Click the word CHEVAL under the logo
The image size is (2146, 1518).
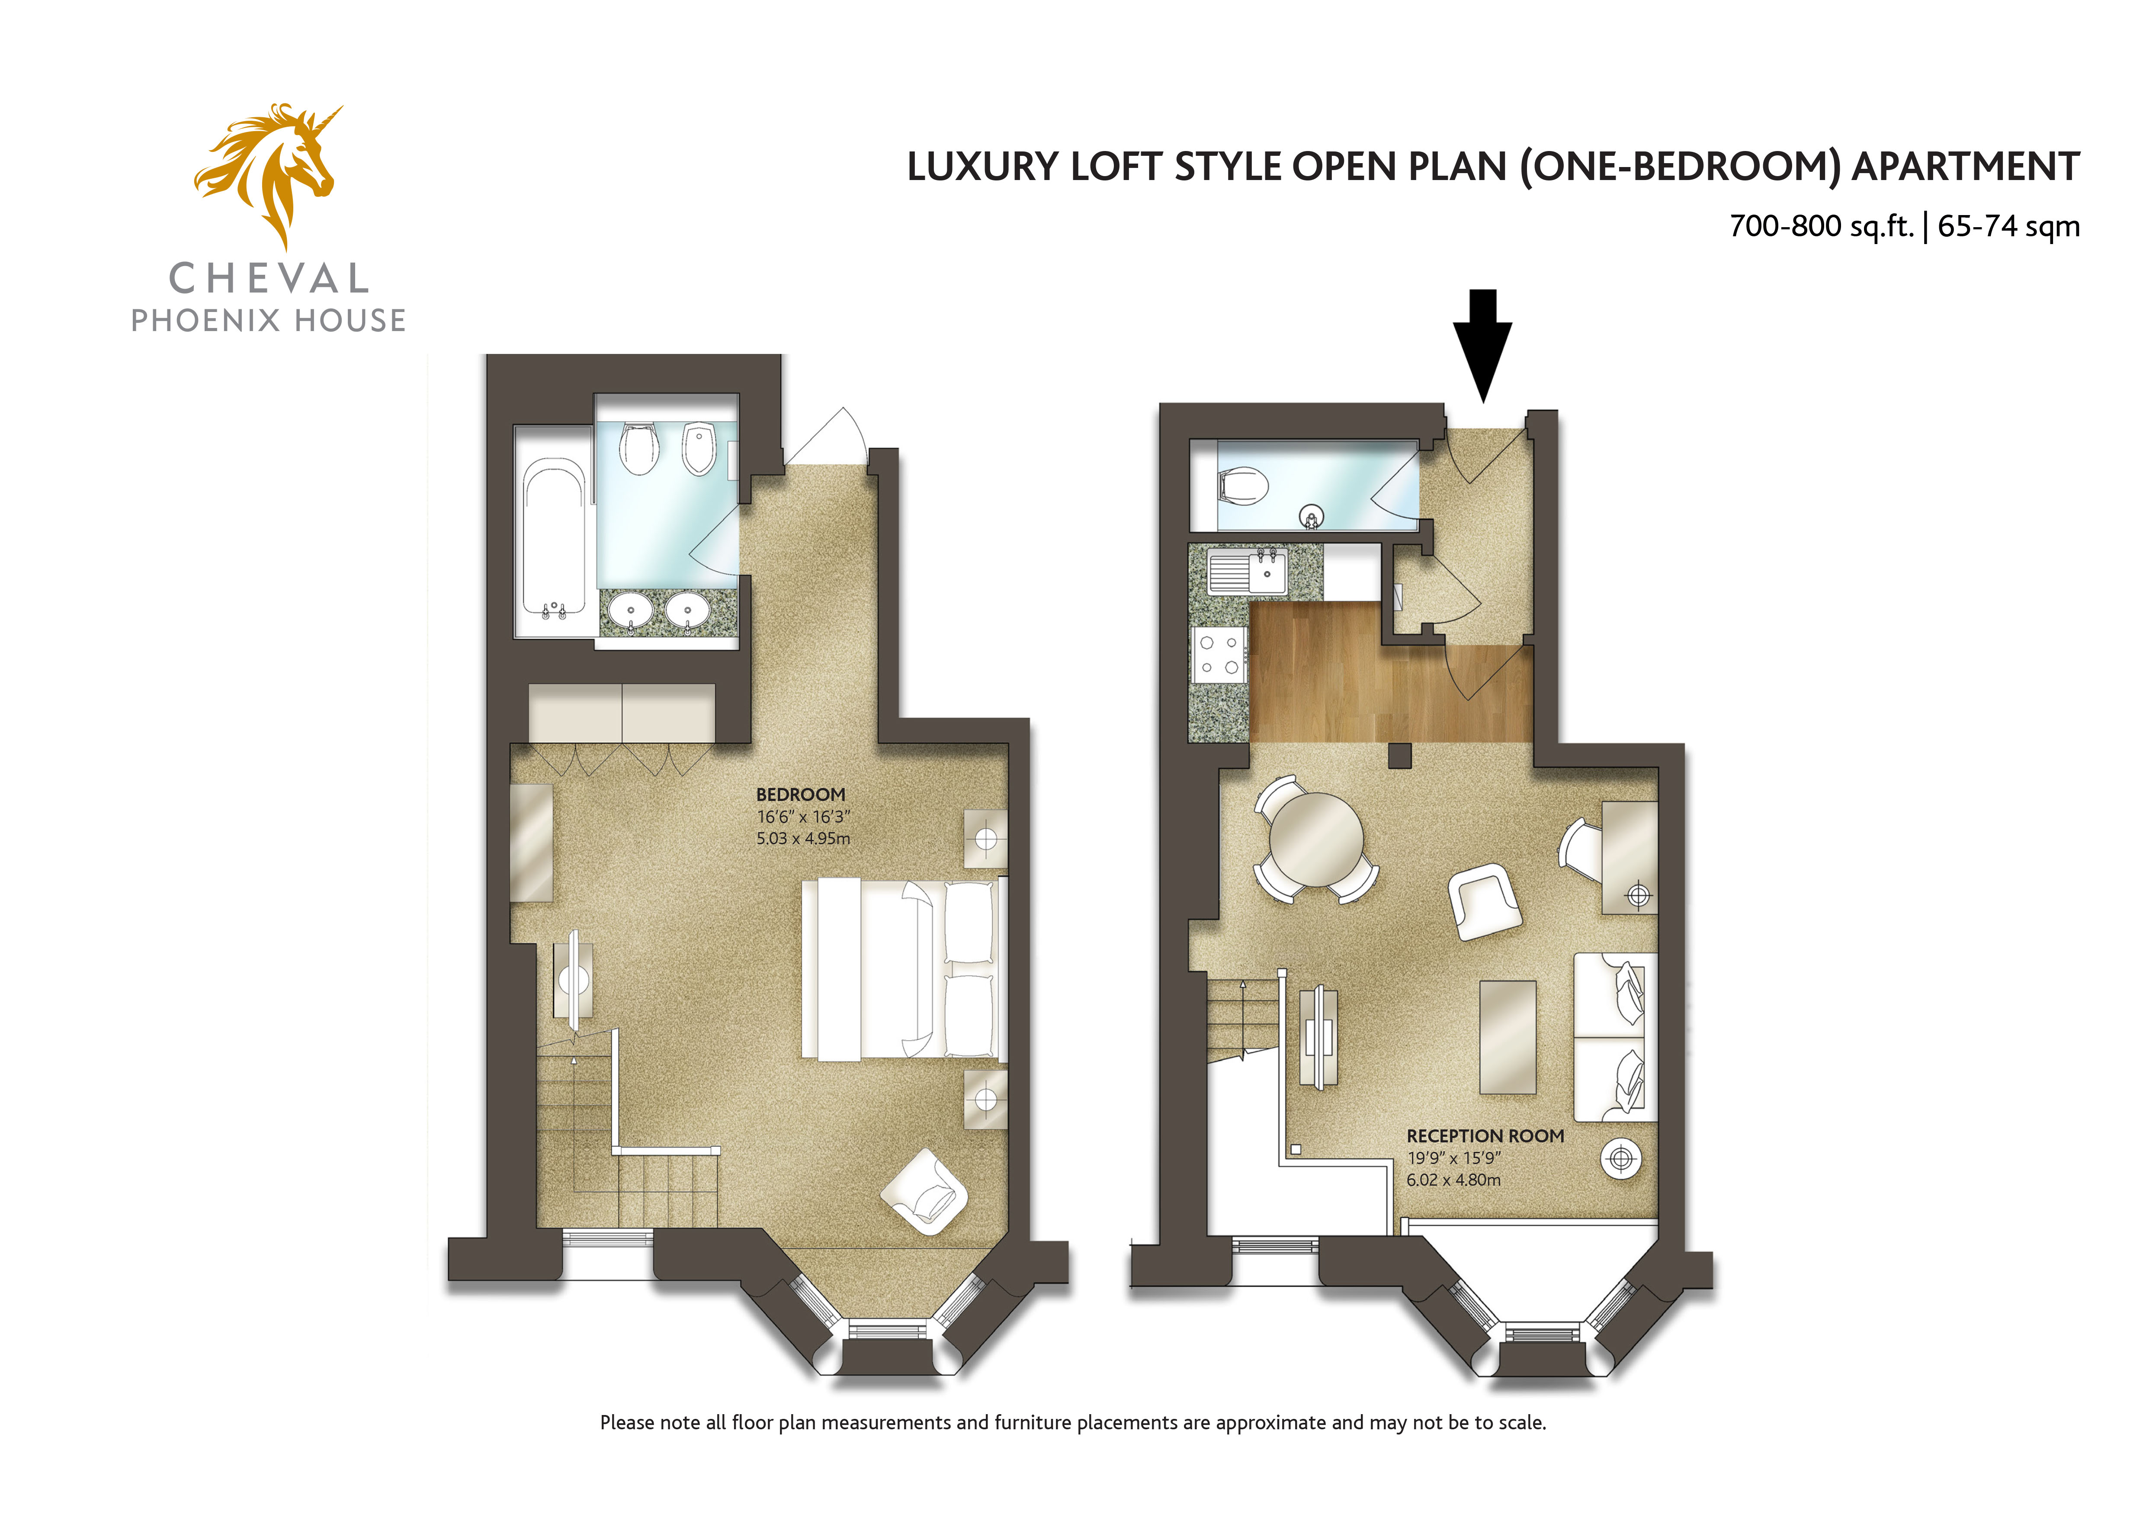point(269,279)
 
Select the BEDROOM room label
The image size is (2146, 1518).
point(801,794)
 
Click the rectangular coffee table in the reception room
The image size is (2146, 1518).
point(1508,1037)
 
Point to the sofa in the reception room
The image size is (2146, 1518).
point(1615,1037)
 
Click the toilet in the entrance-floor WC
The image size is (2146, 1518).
point(1243,486)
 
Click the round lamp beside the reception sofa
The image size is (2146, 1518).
point(1621,1159)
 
